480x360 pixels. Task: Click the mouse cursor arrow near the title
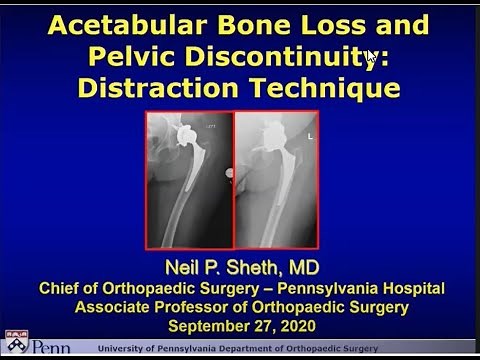pyautogui.click(x=371, y=58)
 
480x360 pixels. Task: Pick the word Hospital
pyautogui.click(x=409, y=289)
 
